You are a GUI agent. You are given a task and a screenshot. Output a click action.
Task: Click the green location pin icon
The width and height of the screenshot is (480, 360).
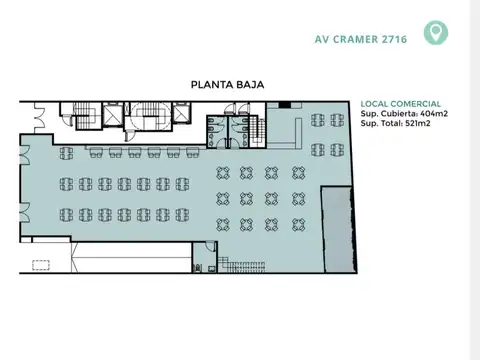(435, 33)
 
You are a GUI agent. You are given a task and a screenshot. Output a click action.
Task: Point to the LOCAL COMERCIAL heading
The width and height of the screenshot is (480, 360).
(400, 104)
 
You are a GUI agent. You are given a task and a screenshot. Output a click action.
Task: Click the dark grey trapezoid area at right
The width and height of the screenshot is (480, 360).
(338, 228)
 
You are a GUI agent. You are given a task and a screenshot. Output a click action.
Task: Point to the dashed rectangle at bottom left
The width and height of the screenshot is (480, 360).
(42, 265)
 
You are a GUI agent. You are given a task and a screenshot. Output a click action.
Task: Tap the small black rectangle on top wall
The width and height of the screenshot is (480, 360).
(285, 104)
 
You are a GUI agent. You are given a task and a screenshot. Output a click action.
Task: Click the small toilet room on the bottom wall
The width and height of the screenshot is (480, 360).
(199, 266)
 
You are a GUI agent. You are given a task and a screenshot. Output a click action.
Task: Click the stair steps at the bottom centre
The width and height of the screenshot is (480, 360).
(245, 264)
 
